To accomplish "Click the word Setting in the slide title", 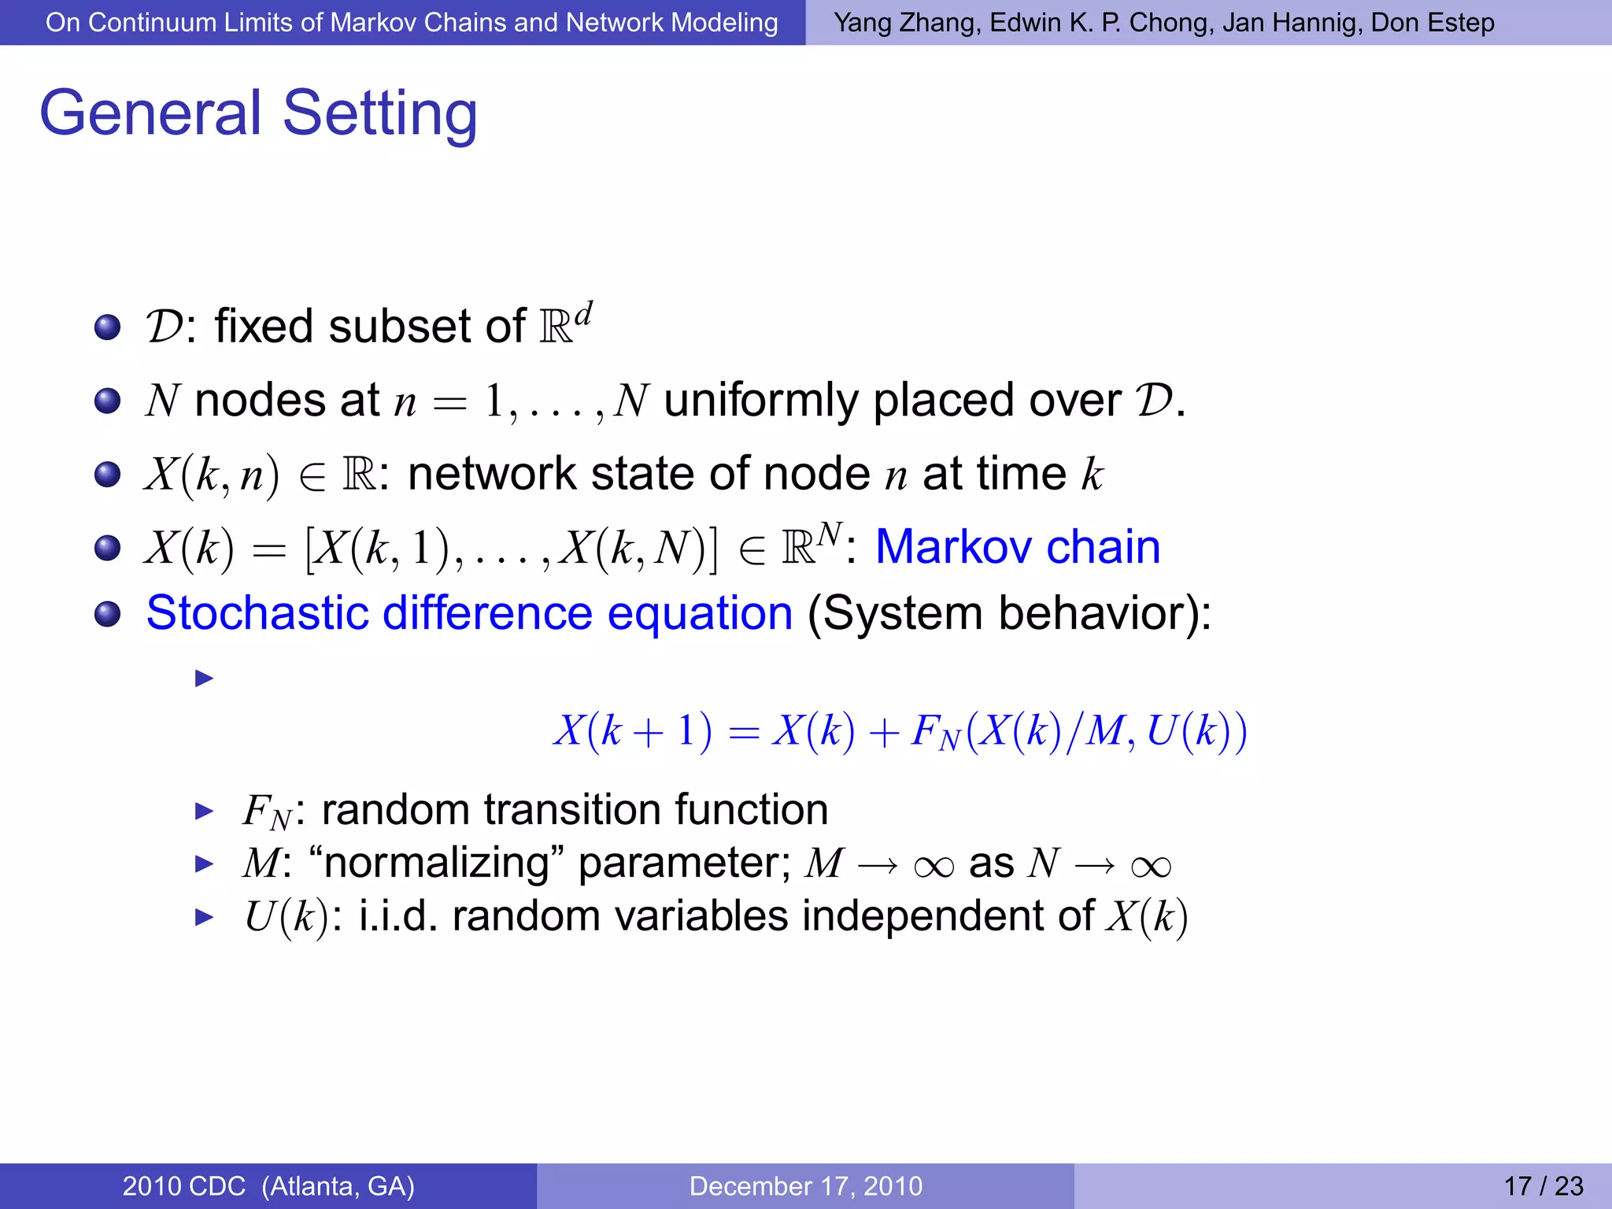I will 379,114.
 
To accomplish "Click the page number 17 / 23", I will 1543,1185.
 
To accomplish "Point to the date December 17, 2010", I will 805,1185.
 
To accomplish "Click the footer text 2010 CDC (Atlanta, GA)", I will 268,1185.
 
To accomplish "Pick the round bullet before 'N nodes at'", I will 107,401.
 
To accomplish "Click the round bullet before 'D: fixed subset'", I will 107,327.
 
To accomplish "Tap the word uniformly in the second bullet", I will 760,401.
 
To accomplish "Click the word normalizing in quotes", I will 436,863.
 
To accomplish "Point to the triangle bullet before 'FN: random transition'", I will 204,811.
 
